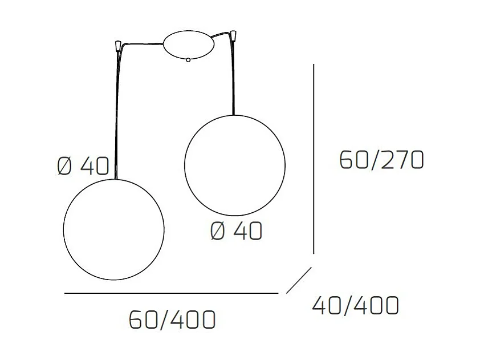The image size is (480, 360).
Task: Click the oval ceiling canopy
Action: pyautogui.click(x=188, y=44)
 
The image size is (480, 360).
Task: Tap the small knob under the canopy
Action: pyautogui.click(x=188, y=59)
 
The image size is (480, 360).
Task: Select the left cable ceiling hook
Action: pyautogui.click(x=117, y=43)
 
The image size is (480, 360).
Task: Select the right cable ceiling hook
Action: pyautogui.click(x=234, y=37)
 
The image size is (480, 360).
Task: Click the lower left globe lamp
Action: pyautogui.click(x=114, y=229)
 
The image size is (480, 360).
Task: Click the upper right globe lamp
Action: pyautogui.click(x=234, y=165)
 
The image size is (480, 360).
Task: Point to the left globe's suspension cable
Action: pyautogui.click(x=117, y=114)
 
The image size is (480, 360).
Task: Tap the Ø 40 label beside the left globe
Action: pyautogui.click(x=83, y=166)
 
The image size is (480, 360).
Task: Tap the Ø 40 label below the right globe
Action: pyautogui.click(x=236, y=231)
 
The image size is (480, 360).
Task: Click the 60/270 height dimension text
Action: pyautogui.click(x=381, y=161)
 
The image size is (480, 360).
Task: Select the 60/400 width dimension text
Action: pyautogui.click(x=172, y=319)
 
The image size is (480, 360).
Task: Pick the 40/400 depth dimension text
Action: pyautogui.click(x=355, y=306)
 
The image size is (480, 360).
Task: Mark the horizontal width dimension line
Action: pyautogui.click(x=171, y=293)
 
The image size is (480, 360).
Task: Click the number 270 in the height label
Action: pyautogui.click(x=402, y=161)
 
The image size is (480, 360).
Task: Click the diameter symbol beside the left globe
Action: pyautogui.click(x=65, y=166)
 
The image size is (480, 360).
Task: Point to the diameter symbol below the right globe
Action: pyautogui.click(x=218, y=231)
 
